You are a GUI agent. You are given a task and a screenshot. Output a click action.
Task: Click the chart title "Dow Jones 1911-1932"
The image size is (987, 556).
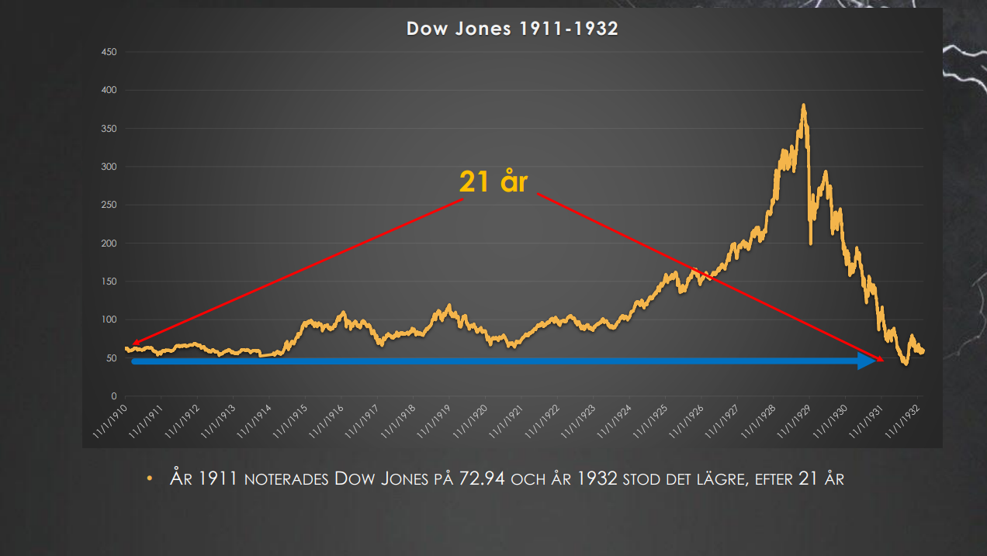tap(512, 29)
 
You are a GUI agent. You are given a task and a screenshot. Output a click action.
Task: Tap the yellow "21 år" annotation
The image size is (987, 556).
tap(493, 182)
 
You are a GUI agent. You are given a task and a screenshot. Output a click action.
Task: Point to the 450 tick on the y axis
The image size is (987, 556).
tap(109, 52)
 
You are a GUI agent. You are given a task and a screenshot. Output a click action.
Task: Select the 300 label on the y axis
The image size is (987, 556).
tap(109, 167)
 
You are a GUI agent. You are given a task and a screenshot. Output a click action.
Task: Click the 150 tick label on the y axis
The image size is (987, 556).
tap(109, 281)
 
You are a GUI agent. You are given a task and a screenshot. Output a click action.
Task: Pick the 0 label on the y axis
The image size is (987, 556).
tap(113, 396)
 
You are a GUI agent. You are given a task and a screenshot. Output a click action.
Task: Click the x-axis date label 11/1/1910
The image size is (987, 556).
tap(109, 420)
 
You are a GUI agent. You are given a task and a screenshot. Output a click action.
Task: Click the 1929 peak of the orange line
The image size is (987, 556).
tap(803, 106)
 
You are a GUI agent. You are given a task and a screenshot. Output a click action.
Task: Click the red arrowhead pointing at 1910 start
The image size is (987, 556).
tap(135, 343)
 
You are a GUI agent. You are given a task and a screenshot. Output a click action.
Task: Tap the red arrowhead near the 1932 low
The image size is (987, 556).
tap(879, 359)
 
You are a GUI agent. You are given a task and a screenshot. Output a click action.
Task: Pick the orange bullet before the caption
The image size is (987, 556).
tap(151, 479)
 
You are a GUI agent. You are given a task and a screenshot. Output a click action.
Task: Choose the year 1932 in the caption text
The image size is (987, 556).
tap(597, 478)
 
